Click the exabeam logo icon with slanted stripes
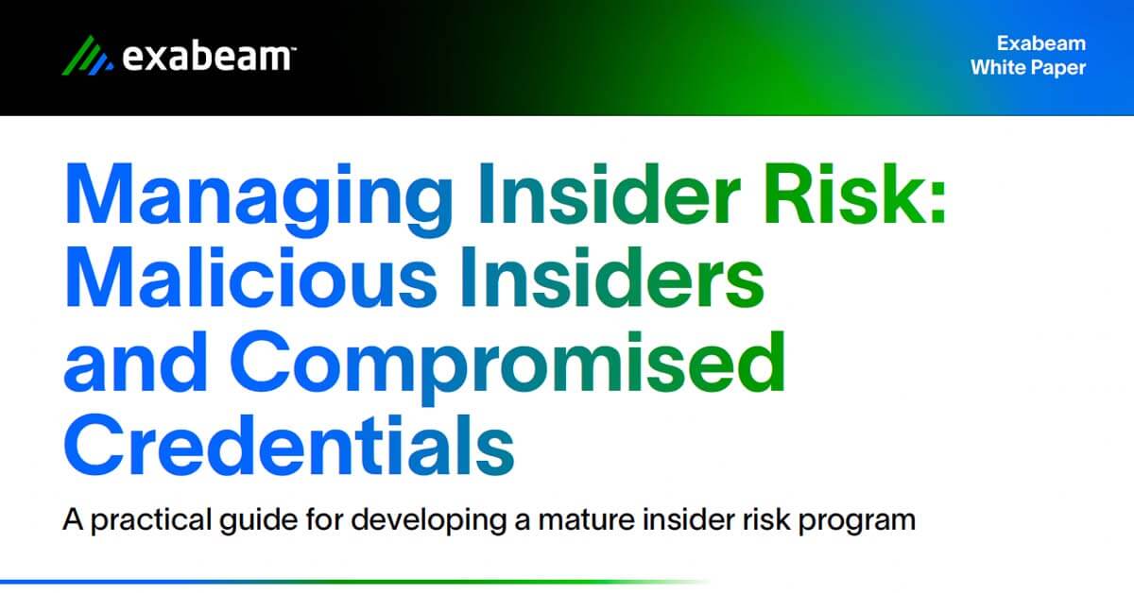point(88,56)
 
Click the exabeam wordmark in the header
point(208,56)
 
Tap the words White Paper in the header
point(1028,68)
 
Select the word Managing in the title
point(259,197)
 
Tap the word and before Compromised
point(135,362)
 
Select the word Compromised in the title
point(507,366)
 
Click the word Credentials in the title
point(289,445)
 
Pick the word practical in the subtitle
point(151,520)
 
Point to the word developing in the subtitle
point(428,520)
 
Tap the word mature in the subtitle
point(586,521)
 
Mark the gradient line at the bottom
point(354,582)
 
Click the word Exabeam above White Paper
point(1041,43)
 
